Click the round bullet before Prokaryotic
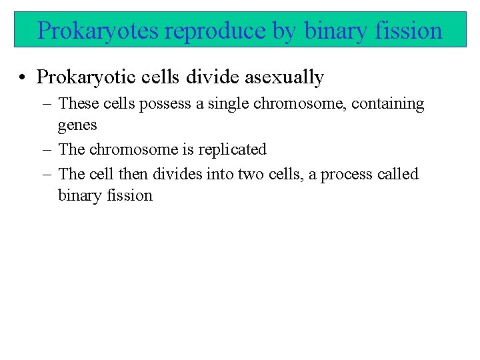(x=23, y=78)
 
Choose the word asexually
(x=285, y=78)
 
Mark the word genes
(x=77, y=125)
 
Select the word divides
(x=177, y=175)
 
